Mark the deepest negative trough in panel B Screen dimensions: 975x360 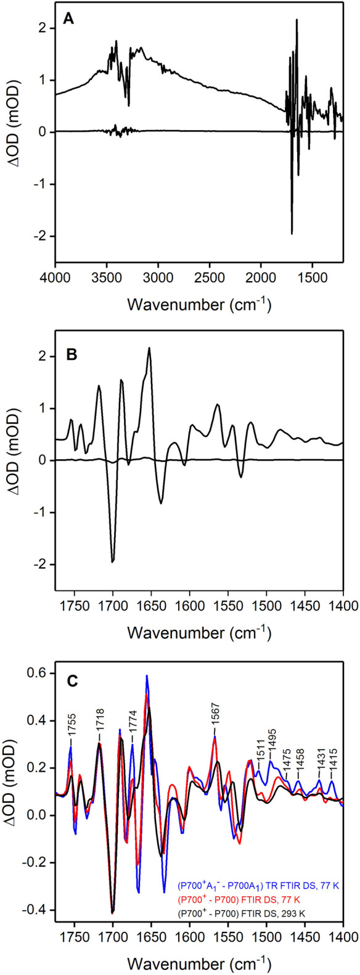coord(113,561)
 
